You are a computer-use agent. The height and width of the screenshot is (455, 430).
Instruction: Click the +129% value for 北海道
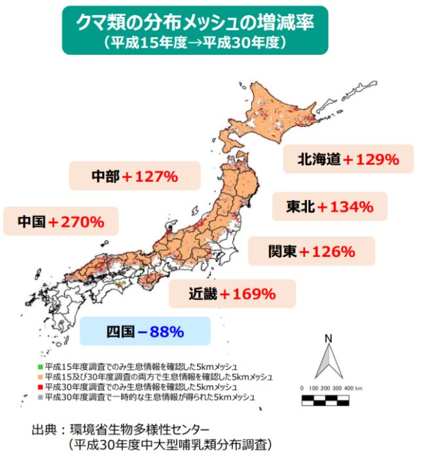pyautogui.click(x=371, y=159)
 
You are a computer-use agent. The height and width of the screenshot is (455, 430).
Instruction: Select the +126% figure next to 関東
pyautogui.click(x=327, y=251)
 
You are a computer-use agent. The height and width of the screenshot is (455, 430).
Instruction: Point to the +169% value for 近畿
pyautogui.click(x=247, y=294)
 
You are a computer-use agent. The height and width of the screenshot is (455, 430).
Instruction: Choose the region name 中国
pyautogui.click(x=32, y=222)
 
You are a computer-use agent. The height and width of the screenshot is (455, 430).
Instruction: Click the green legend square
pyautogui.click(x=40, y=367)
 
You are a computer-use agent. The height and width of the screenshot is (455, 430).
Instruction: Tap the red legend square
pyautogui.click(x=40, y=386)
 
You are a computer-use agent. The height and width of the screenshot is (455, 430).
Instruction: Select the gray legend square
pyautogui.click(x=40, y=396)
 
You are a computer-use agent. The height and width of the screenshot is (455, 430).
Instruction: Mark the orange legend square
pyautogui.click(x=40, y=377)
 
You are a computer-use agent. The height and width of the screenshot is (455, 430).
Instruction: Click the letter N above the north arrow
pyautogui.click(x=329, y=339)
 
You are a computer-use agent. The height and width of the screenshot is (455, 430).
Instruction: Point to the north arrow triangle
pyautogui.click(x=329, y=362)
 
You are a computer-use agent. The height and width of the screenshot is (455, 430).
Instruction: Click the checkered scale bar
pyautogui.click(x=330, y=398)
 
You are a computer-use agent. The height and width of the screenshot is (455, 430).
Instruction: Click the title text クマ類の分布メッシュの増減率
pyautogui.click(x=194, y=24)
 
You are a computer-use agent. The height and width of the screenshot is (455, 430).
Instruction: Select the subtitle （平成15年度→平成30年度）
pyautogui.click(x=194, y=42)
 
